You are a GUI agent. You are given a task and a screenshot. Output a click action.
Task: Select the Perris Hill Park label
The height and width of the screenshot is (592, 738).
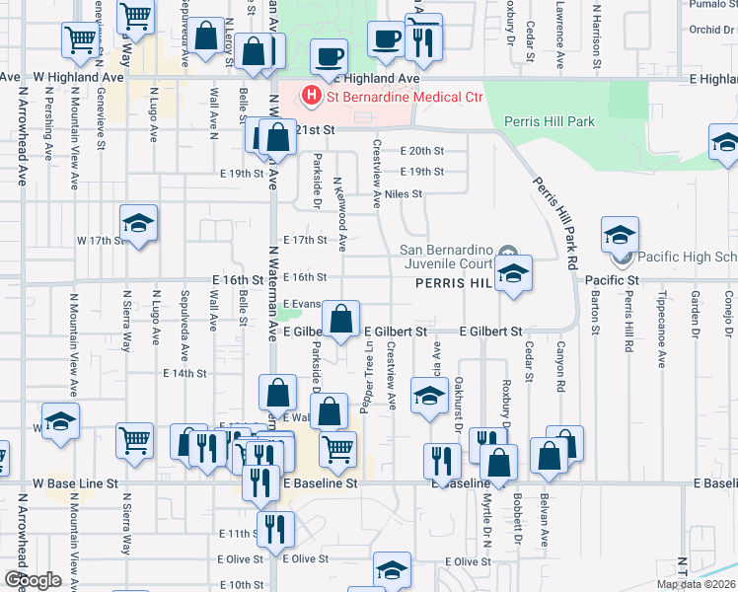pyautogui.click(x=550, y=121)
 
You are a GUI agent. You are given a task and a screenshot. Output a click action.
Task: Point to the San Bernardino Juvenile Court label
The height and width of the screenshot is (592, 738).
pyautogui.click(x=460, y=257)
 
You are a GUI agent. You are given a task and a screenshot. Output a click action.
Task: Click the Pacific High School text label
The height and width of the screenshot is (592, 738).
pyautogui.click(x=685, y=258)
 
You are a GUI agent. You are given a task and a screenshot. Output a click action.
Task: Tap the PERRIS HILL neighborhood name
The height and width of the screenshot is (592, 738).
pyautogui.click(x=452, y=283)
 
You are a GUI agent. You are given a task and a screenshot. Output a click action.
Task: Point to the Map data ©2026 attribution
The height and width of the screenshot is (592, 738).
pyautogui.click(x=696, y=584)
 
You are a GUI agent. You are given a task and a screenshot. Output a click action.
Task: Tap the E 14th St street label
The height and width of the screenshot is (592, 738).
pyautogui.click(x=184, y=374)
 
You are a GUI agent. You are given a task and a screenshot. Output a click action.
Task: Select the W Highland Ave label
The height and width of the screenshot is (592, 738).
pyautogui.click(x=78, y=76)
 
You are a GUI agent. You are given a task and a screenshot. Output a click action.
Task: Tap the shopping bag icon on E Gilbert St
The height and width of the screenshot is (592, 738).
pyautogui.click(x=341, y=320)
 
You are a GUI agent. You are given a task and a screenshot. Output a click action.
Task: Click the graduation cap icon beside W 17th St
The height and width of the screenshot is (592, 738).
pyautogui.click(x=138, y=225)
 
